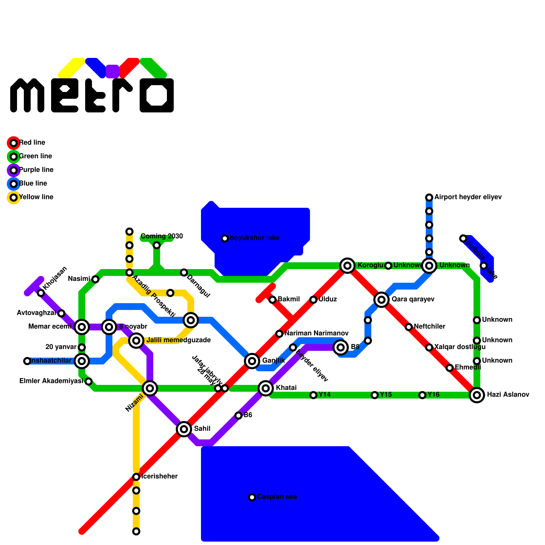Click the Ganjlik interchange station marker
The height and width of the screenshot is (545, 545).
pyautogui.click(x=252, y=361)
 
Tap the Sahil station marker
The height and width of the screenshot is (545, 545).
pyautogui.click(x=184, y=429)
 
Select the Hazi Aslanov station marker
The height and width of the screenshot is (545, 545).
pyautogui.click(x=477, y=395)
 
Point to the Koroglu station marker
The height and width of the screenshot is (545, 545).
pyautogui.click(x=347, y=265)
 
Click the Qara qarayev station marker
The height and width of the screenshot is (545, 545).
pyautogui.click(x=381, y=299)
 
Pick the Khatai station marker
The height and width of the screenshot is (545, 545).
pyautogui.click(x=266, y=388)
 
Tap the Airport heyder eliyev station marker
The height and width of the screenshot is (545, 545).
pyautogui.click(x=429, y=197)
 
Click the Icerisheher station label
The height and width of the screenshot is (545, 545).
pyautogui.click(x=159, y=476)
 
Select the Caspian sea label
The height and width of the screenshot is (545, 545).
pyautogui.click(x=277, y=497)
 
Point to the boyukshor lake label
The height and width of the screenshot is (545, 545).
pyautogui.click(x=254, y=238)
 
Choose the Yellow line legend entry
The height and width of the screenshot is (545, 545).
pyautogui.click(x=36, y=197)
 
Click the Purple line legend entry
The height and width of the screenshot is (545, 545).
pyautogui.click(x=36, y=170)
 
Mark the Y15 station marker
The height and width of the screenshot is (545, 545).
pyautogui.click(x=375, y=395)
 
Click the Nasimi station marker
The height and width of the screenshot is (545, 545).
pyautogui.click(x=95, y=279)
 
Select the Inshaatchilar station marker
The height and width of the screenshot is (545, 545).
pyautogui.click(x=27, y=361)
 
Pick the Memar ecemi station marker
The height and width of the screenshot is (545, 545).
pyautogui.click(x=82, y=327)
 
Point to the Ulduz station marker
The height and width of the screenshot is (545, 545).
pyautogui.click(x=313, y=299)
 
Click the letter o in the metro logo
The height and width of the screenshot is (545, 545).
pyautogui.click(x=157, y=95)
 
